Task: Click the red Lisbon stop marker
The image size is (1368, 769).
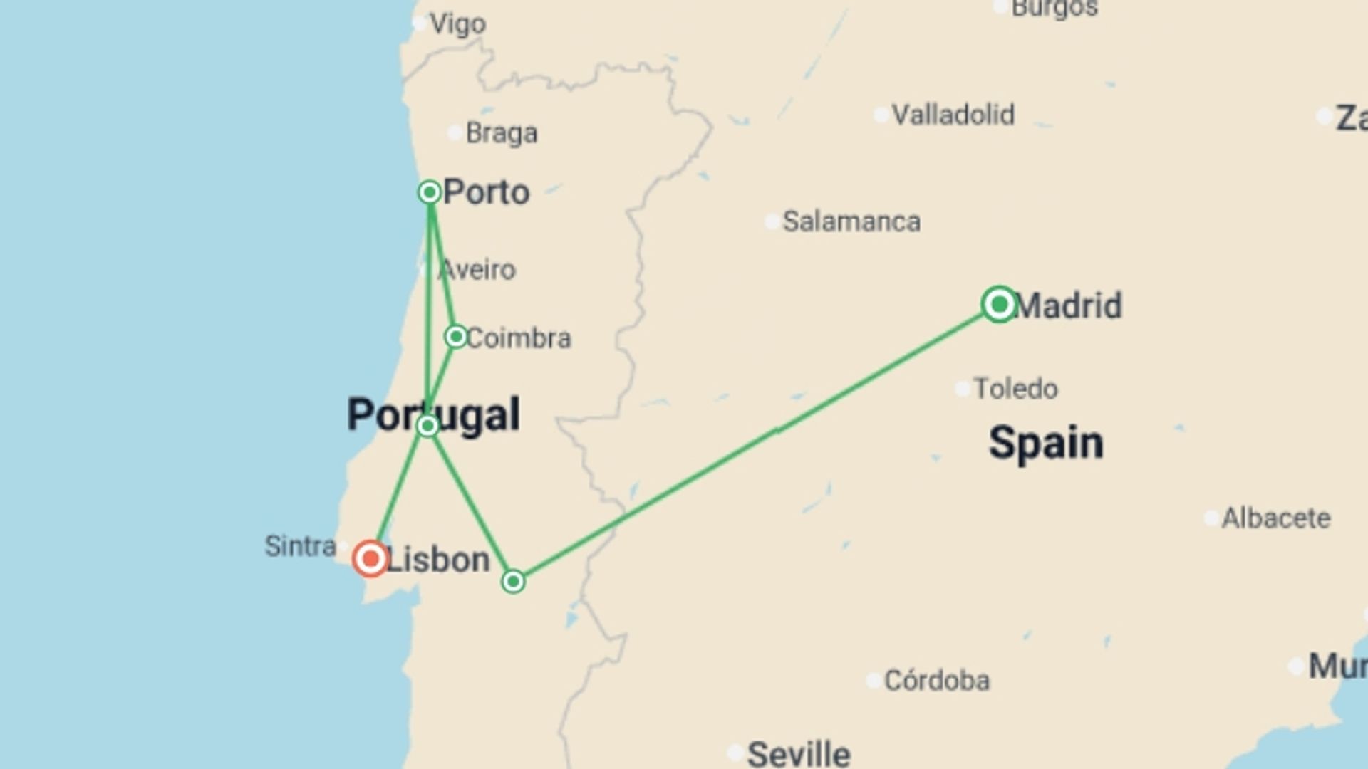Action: pos(370,559)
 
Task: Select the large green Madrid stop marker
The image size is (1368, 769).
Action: pos(999,305)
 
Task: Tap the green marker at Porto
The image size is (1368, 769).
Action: pos(430,192)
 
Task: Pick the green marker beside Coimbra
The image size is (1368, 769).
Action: pos(456,336)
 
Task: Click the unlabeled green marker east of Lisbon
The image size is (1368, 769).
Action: pos(513,582)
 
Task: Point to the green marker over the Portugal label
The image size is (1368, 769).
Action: pos(427,426)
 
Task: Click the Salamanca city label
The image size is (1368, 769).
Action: pos(851,221)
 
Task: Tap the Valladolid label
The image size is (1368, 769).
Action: pos(953,115)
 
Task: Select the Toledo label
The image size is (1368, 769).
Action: pos(1015,389)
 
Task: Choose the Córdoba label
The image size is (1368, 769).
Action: pos(936,681)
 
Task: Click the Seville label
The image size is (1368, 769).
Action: pos(798,753)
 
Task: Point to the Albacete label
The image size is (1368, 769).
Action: pos(1275,518)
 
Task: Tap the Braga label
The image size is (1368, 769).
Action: pos(501,133)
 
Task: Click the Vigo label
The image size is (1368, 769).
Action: pos(457,24)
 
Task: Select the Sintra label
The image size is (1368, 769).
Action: pos(300,546)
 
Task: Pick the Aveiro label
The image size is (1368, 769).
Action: pos(477,270)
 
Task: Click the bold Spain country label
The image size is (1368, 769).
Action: pos(1045,442)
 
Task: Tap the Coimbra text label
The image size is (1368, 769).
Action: pos(518,338)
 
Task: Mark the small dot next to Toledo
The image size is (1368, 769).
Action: pos(963,389)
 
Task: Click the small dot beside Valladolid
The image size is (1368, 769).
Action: pos(881,115)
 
